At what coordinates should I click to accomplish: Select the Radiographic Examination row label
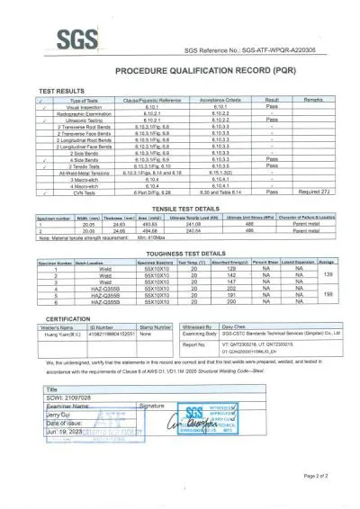(70, 114)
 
